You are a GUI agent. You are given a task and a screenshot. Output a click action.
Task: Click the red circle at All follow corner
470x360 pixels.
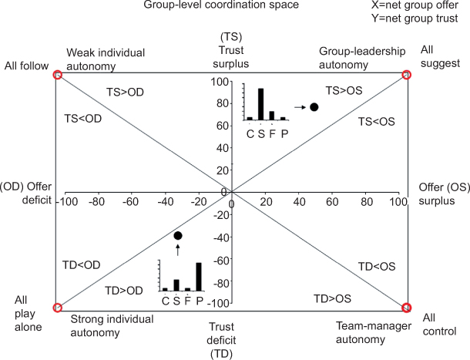pos(57,75)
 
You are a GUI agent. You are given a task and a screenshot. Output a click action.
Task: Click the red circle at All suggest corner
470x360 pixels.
pos(407,75)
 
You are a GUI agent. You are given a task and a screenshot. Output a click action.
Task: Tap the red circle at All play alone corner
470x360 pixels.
pos(57,308)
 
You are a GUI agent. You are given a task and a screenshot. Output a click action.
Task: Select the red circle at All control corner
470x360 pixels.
pos(407,308)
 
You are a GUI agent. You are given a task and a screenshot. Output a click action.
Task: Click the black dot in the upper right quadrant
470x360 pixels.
pos(314,106)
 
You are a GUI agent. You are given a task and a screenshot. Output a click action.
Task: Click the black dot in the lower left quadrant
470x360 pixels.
pos(178,235)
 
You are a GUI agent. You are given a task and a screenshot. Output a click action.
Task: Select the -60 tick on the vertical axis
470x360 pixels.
pos(220,261)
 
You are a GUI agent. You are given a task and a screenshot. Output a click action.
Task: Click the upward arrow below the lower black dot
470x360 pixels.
pos(178,249)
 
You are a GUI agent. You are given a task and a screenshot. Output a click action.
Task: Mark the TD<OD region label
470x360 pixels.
pos(81,264)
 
